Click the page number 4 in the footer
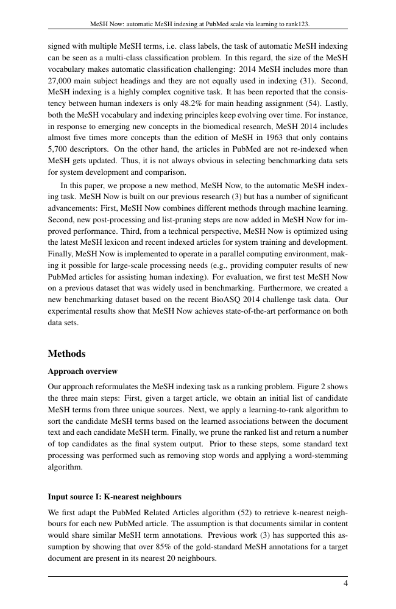coord(345,583)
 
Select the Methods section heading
coord(66,354)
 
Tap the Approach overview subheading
coord(82,371)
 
